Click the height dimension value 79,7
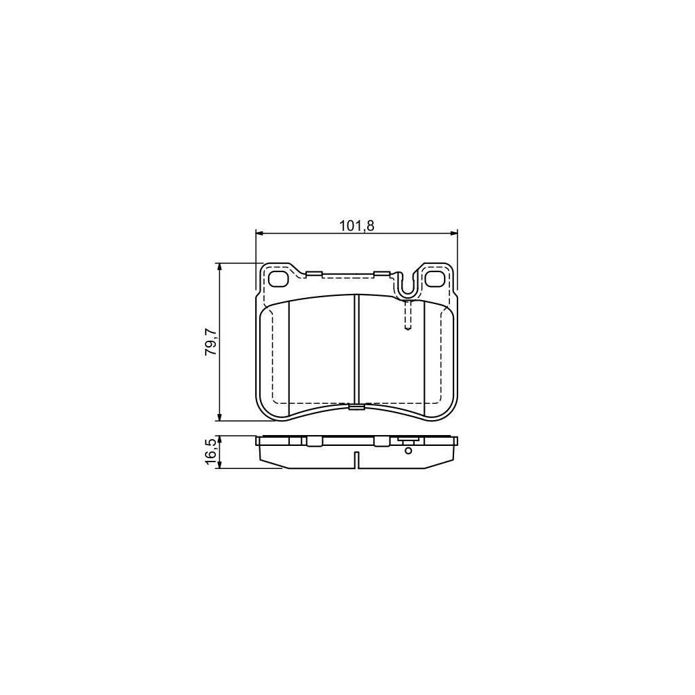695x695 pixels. tap(211, 341)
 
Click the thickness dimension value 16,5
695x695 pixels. tap(211, 452)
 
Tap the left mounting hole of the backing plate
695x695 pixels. tap(278, 278)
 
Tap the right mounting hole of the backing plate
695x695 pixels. tap(434, 278)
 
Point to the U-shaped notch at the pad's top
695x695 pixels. tap(407, 288)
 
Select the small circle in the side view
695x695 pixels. tap(408, 450)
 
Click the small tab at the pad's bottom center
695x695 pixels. tap(356, 407)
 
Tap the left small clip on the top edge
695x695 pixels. tap(314, 274)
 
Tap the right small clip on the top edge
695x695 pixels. tap(381, 274)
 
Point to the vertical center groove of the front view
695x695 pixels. tap(356, 350)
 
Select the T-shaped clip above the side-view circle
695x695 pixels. tap(408, 441)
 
